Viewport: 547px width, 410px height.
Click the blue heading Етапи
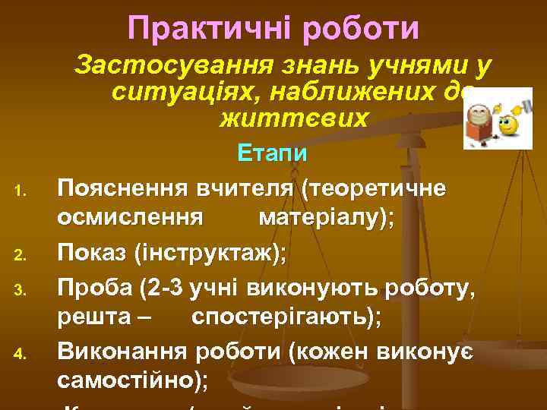point(272,153)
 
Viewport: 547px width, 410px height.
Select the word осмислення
point(130,219)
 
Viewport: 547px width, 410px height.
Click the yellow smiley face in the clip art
point(507,124)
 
